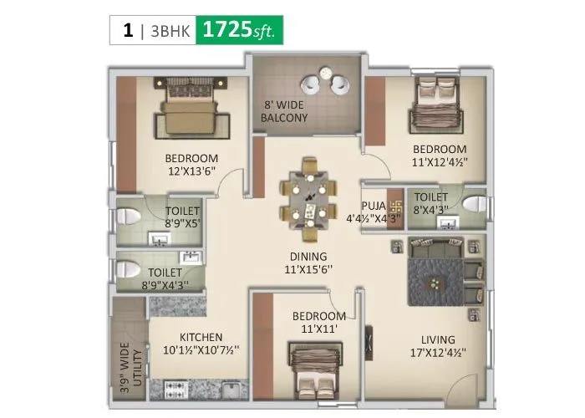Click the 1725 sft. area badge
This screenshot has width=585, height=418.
tap(241, 31)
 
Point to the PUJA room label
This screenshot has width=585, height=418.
tap(373, 204)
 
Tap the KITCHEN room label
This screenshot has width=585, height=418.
tap(200, 338)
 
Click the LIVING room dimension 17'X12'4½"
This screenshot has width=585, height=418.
tap(438, 353)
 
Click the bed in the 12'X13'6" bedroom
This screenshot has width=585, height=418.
tap(190, 112)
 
